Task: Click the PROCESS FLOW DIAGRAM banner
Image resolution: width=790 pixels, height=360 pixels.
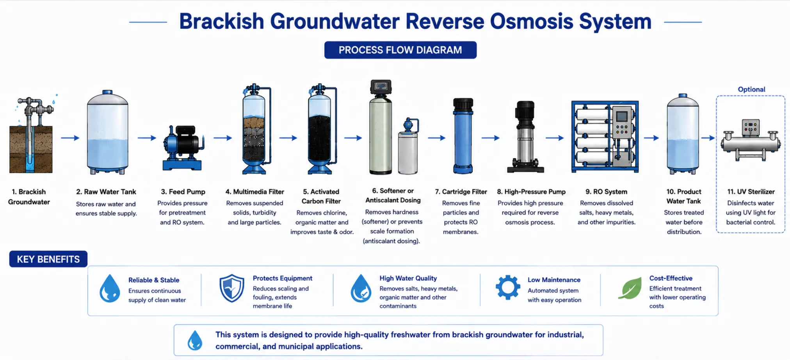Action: tap(400, 50)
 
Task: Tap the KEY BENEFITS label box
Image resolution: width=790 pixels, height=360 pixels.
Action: tap(48, 259)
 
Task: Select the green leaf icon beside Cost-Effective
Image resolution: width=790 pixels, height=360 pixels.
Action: tap(630, 288)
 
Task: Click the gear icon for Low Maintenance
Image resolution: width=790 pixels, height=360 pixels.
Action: tap(508, 287)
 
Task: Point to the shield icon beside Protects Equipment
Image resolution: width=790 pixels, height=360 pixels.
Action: tap(232, 288)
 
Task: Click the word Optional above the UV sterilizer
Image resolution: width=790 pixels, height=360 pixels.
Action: tap(751, 89)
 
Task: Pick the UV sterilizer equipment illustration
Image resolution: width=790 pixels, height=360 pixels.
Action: tap(751, 140)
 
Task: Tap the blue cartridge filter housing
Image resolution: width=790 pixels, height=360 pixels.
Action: tap(463, 136)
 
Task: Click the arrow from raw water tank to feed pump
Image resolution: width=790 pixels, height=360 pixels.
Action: tap(147, 138)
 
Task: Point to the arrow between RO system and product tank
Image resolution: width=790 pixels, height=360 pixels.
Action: tap(651, 138)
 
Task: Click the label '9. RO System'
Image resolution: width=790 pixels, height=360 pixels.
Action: tap(606, 192)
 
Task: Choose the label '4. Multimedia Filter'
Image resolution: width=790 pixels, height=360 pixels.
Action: tap(254, 192)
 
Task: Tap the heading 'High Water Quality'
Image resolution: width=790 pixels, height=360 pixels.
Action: tap(408, 278)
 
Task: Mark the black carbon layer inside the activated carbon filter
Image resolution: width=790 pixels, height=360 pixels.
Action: tap(320, 139)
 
